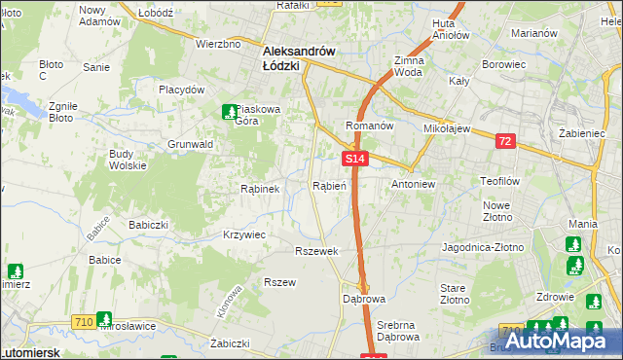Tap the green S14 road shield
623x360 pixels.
(354, 158)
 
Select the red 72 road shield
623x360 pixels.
(504, 142)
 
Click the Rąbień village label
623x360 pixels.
(328, 186)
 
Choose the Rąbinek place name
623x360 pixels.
(260, 189)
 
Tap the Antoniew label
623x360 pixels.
(413, 184)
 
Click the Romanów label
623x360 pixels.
(369, 126)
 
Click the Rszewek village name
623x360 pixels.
(315, 251)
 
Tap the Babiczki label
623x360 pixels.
(149, 223)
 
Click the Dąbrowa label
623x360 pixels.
(364, 299)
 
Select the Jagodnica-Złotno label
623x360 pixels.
(483, 248)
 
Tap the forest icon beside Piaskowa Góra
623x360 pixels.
(230, 112)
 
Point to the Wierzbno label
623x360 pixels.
(218, 44)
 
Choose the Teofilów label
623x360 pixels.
(502, 181)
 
